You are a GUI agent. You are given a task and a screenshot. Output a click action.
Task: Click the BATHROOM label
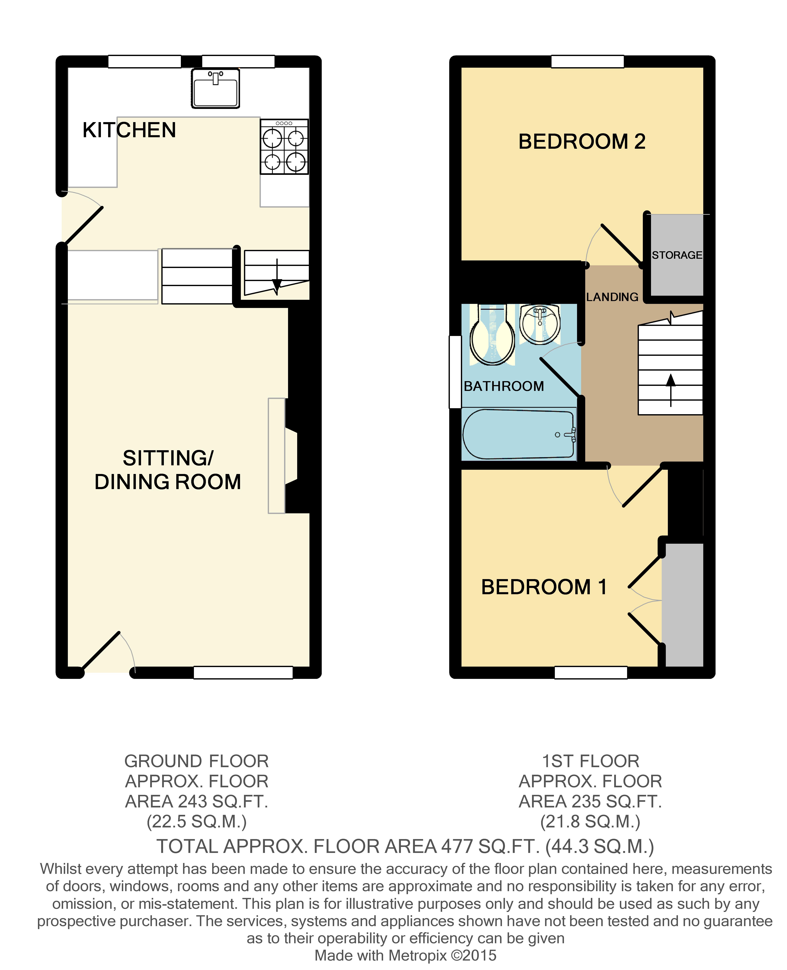coord(504,386)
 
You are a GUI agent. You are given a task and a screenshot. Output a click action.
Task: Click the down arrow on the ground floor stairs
coord(277,276)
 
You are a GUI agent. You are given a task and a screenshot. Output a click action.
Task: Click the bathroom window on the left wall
coord(455,372)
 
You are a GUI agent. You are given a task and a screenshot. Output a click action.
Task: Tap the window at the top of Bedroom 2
coord(588,62)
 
